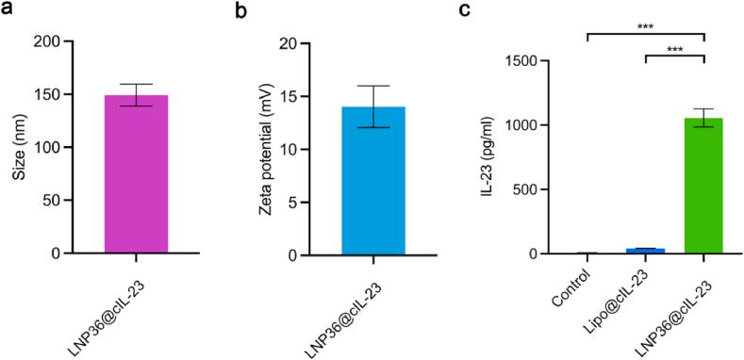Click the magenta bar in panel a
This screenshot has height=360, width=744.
(x=137, y=174)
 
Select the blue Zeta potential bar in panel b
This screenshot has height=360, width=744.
(x=373, y=181)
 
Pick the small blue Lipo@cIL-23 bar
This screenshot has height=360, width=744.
(x=645, y=251)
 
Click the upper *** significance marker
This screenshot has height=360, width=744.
(x=645, y=26)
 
